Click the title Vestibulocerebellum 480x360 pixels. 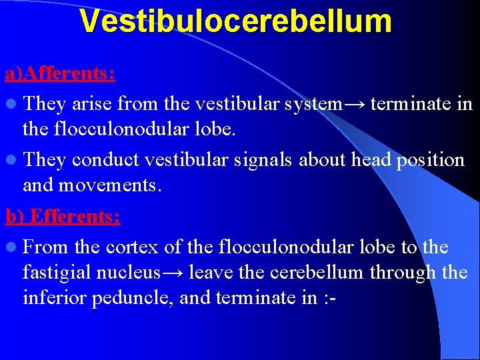pyautogui.click(x=235, y=21)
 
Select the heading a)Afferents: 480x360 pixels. pyautogui.click(x=60, y=73)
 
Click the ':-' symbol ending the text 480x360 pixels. pyautogui.click(x=328, y=298)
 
